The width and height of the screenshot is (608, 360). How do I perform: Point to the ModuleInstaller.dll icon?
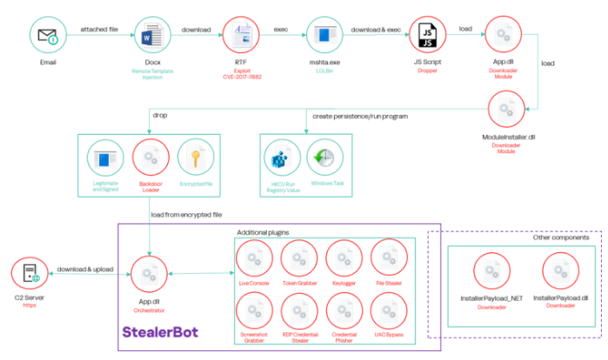click(506, 110)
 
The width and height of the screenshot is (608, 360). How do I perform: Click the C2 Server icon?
click(29, 276)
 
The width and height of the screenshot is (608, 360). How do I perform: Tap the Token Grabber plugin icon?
click(299, 259)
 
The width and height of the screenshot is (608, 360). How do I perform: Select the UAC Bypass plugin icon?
click(389, 311)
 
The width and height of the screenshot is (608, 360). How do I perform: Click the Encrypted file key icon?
click(195, 159)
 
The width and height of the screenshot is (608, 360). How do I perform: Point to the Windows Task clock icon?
click(326, 159)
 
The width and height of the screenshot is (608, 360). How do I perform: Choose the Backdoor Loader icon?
click(150, 159)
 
